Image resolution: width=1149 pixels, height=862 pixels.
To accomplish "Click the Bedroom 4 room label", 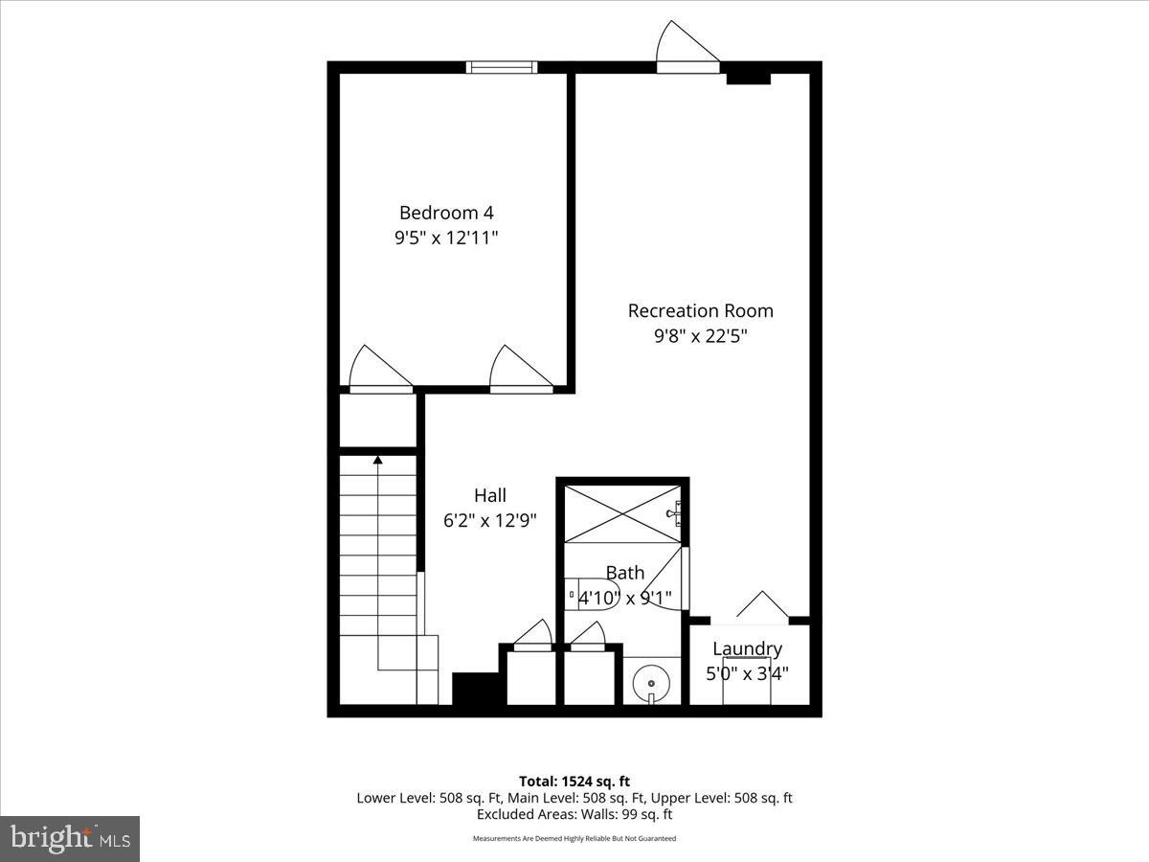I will click(x=446, y=213).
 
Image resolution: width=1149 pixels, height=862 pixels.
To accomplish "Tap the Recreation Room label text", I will click(x=700, y=310).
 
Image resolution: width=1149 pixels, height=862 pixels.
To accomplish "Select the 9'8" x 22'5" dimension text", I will click(x=700, y=336).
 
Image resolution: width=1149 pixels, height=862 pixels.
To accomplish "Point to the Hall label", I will click(x=489, y=495).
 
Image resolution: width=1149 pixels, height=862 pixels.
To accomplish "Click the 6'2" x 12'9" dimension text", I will click(x=489, y=521).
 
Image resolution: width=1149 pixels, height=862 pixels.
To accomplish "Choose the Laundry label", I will click(x=747, y=649).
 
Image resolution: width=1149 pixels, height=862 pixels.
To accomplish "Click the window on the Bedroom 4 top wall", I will click(x=502, y=67).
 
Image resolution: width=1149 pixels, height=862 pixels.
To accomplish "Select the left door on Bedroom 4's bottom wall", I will click(x=379, y=372).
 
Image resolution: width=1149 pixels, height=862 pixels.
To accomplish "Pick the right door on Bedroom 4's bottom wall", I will click(x=521, y=372).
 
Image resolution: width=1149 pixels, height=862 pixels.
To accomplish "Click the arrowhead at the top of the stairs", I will click(x=378, y=461).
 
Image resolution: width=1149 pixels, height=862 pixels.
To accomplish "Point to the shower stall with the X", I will click(x=622, y=514).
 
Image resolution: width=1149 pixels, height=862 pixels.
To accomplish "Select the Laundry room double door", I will click(x=762, y=609).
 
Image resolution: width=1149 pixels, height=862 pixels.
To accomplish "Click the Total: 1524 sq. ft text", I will click(x=574, y=782).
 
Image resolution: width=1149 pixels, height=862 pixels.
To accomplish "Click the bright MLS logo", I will click(x=70, y=839).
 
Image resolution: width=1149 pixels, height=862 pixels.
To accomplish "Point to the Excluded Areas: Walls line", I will click(x=574, y=814).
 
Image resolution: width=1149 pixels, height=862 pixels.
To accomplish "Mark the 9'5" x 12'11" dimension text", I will click(x=446, y=238).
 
